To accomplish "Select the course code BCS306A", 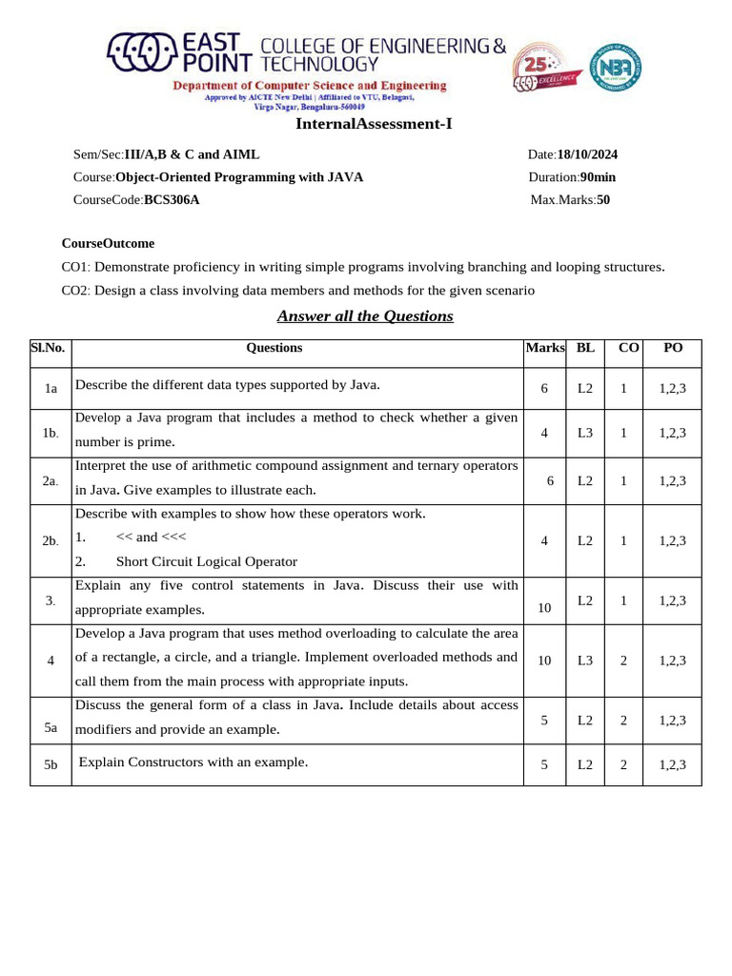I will [172, 200].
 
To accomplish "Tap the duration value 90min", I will [598, 177].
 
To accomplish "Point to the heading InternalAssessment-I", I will [374, 124].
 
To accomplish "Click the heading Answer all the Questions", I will [365, 316].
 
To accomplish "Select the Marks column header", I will [545, 348].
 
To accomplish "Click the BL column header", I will [585, 348].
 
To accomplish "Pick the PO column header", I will [673, 348].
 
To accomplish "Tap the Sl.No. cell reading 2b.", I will [51, 541].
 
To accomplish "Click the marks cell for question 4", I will [544, 661].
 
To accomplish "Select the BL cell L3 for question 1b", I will [585, 433].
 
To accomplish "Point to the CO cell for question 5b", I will [623, 764].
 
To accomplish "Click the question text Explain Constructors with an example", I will [193, 762].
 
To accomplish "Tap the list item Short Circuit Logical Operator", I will [207, 562].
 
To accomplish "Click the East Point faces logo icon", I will [142, 53].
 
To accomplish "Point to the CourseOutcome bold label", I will [108, 244].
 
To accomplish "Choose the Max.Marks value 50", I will [603, 200].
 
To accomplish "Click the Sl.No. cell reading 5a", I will [51, 728].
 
